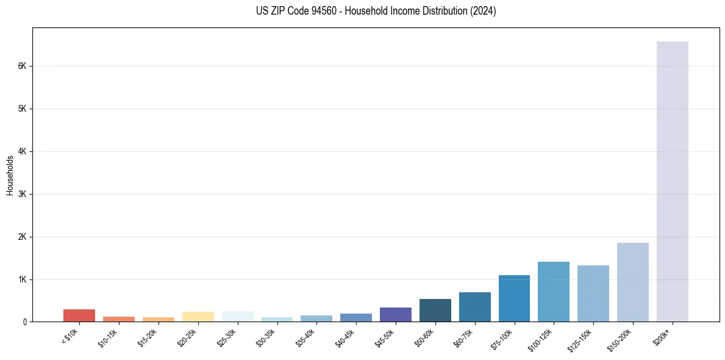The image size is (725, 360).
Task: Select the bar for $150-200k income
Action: [632, 282]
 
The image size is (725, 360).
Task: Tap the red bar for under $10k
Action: [79, 315]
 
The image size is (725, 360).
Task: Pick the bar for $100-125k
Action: [554, 292]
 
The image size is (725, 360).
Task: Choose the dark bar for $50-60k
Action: [435, 310]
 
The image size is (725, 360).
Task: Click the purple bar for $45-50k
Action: [395, 314]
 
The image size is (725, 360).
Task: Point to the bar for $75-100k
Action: [514, 298]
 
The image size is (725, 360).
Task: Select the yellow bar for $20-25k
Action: [198, 317]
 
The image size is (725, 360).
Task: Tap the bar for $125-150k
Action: [593, 293]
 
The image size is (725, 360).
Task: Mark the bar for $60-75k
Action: [474, 307]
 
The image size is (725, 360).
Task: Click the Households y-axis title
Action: [10, 175]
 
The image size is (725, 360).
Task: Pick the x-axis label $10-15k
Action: [109, 337]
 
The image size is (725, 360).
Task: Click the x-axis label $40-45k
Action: [346, 337]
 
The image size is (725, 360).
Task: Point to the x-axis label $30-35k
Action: [266, 337]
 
